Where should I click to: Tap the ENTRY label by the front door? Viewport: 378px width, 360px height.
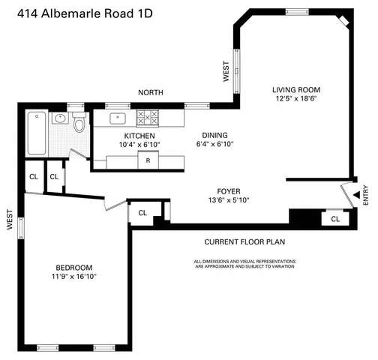point(365,196)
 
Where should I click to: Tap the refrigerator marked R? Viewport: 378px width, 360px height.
point(148,160)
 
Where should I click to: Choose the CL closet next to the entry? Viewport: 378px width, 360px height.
point(334,219)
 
